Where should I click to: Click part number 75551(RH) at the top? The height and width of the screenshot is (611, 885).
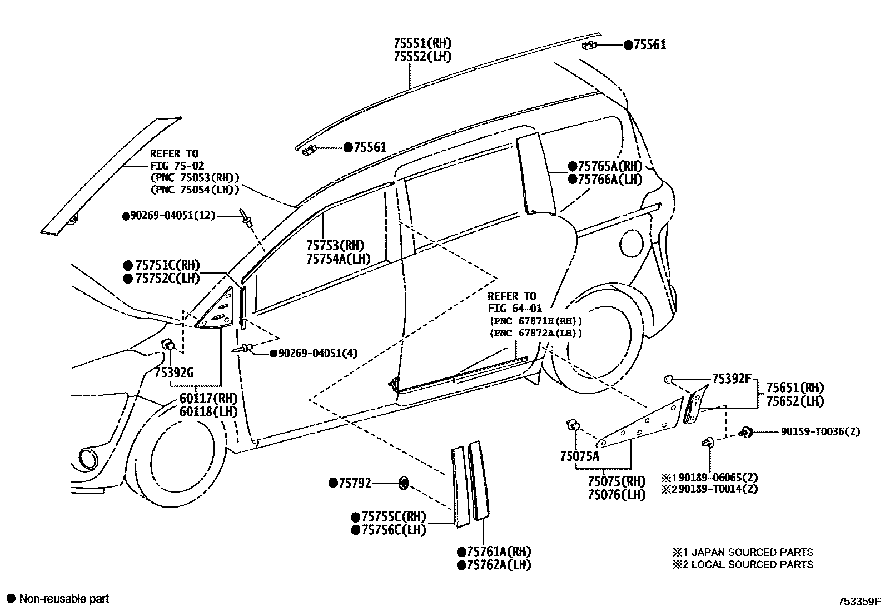pos(422,43)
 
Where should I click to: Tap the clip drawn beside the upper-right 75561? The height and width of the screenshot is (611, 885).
pos(590,44)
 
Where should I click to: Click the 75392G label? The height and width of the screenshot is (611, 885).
pos(174,373)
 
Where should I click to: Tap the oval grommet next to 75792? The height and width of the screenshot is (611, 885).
pos(404,483)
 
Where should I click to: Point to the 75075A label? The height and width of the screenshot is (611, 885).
pos(580,456)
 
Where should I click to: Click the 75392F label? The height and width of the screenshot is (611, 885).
pos(732,379)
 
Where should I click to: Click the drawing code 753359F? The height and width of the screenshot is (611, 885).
pos(860,600)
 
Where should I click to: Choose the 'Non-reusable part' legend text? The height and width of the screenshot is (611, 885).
pos(64,599)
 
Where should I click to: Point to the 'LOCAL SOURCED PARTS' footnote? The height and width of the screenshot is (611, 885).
pos(752,564)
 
